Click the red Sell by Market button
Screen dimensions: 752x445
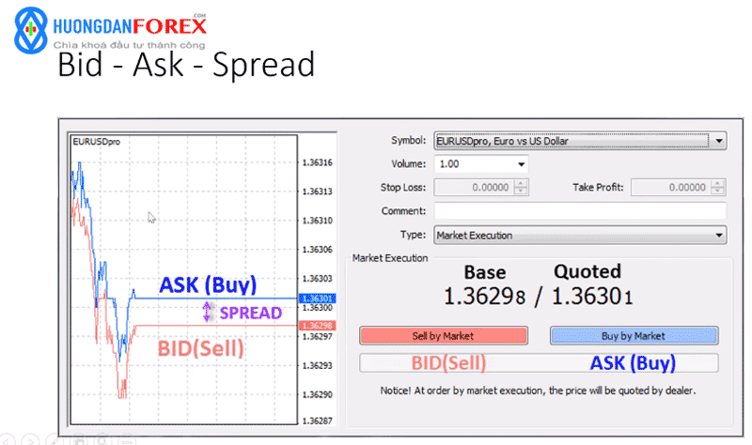444,335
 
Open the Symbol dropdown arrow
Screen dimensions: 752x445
718,141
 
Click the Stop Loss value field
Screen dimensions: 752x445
480,187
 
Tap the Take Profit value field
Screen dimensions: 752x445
678,187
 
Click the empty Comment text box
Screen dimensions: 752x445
580,210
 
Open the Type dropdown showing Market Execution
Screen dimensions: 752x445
580,236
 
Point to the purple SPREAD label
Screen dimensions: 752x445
250,313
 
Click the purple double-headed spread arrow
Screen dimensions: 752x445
207,312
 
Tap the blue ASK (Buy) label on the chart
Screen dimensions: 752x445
208,285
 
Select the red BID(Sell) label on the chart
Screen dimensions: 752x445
200,348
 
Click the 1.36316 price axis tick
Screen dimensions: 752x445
317,162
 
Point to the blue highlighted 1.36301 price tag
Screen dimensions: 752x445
318,299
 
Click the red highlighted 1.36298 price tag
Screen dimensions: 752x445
318,326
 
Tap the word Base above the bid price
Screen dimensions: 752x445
485,272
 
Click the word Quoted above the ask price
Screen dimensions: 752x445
587,271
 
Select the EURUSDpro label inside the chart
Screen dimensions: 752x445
97,142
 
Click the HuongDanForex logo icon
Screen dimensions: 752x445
31,30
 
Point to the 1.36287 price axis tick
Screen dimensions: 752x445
317,421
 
